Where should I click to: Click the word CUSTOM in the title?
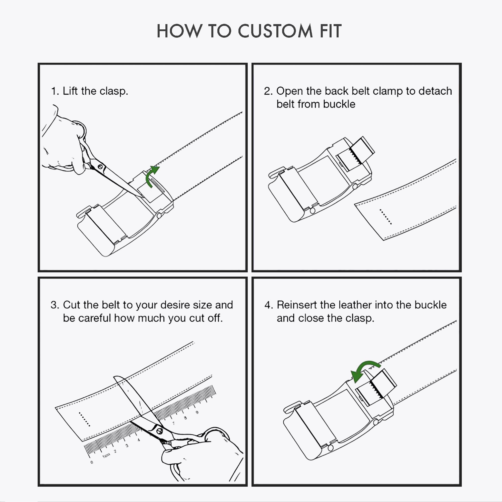[275, 31]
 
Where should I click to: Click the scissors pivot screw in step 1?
[100, 167]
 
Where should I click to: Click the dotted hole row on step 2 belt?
[386, 216]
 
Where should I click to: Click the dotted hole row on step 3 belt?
[84, 419]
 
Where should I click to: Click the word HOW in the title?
[179, 31]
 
